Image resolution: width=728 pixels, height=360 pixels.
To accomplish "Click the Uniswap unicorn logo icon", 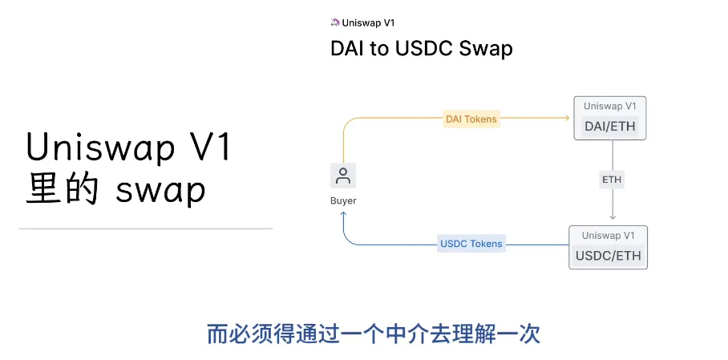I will pos(335,22).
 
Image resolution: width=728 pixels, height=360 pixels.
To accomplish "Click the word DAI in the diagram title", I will pos(347,49).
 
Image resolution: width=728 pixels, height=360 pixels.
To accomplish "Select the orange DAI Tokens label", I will pos(471,119).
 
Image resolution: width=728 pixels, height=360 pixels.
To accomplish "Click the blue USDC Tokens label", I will pos(471,244).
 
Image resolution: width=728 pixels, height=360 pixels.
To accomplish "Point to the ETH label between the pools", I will pos(612,180).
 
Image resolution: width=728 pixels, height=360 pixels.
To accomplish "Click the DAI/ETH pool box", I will pos(610,119).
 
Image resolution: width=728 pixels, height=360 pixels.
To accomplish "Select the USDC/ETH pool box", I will pos(609,248).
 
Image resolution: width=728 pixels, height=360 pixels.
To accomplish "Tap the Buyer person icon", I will pos(343,176).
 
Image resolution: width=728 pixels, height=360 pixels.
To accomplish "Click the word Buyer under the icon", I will pos(343,200).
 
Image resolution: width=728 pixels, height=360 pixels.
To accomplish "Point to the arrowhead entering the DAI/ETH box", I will pos(566,119).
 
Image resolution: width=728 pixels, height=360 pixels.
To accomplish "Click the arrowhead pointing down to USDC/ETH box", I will pos(612,216).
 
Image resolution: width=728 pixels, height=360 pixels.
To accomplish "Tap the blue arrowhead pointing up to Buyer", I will pos(343,216).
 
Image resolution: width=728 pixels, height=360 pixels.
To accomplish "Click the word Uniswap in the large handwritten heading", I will pos(95,148).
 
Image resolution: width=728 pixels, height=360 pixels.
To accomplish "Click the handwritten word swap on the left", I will pos(160,192).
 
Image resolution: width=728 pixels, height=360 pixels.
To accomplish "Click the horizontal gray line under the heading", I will pos(145,229).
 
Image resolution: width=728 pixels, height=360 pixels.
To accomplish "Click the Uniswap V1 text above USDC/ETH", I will pos(609,236).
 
